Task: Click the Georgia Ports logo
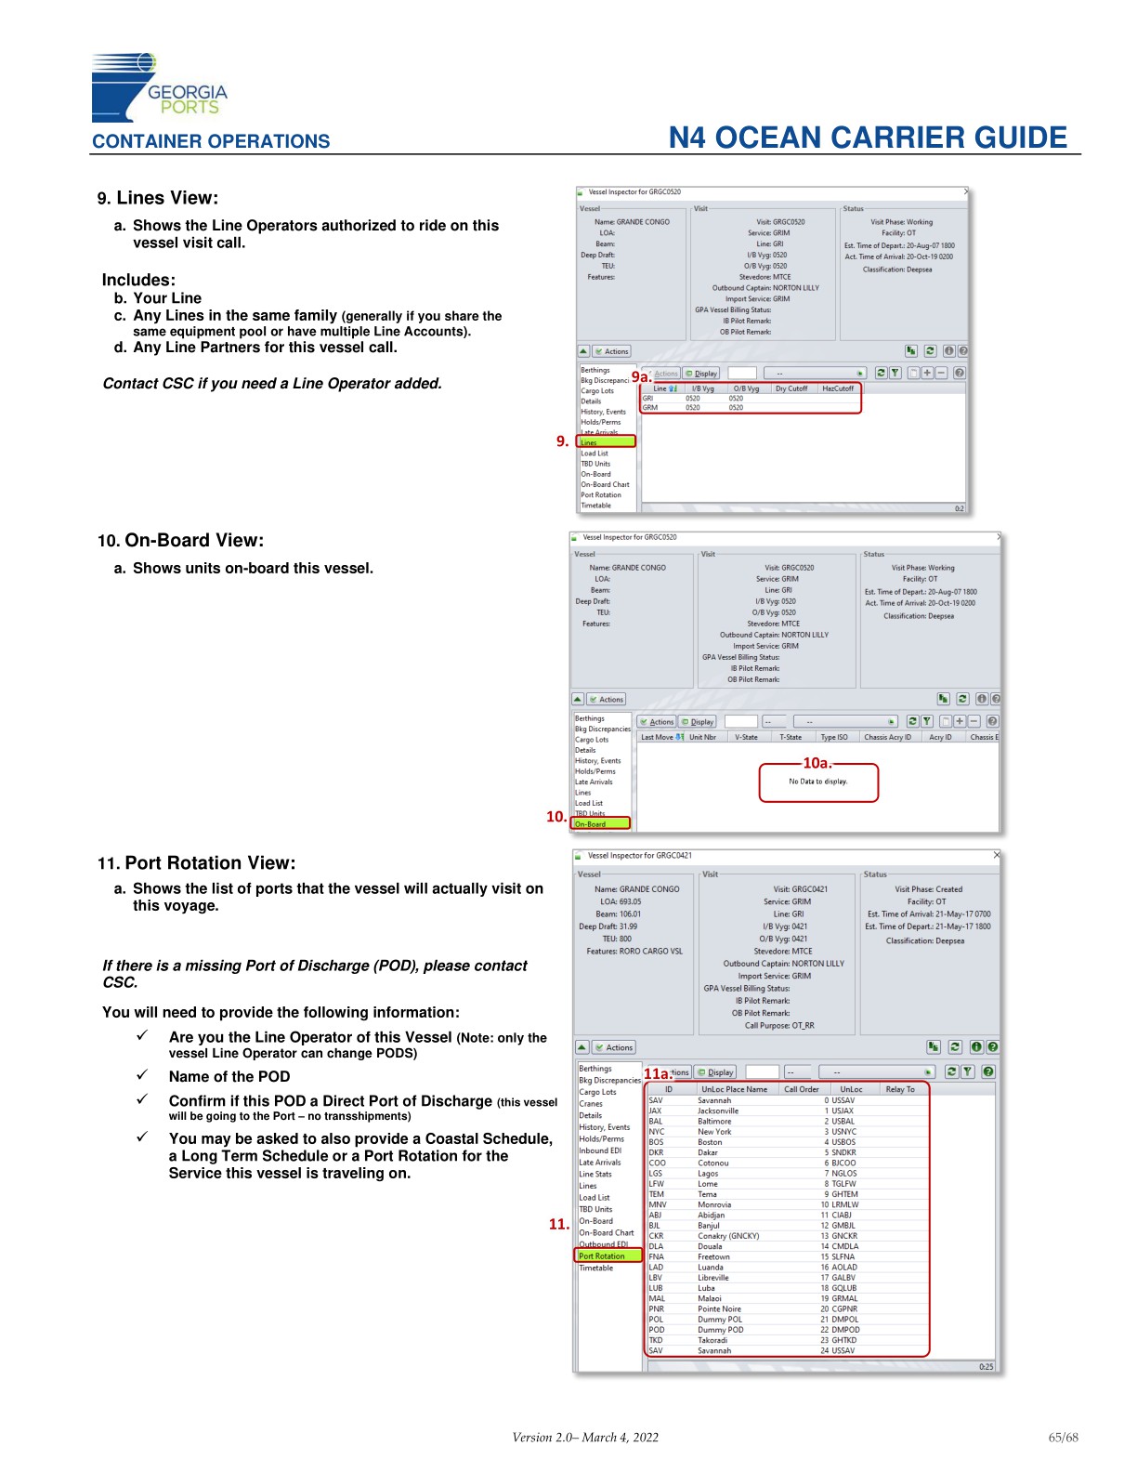[158, 87]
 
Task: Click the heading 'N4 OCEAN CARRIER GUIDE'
[868, 138]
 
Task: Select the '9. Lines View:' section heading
[158, 198]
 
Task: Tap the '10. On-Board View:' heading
[180, 541]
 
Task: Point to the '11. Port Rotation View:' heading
[196, 863]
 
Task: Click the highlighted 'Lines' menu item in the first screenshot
[606, 442]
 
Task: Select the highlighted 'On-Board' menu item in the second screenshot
[600, 824]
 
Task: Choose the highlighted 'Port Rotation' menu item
[608, 1256]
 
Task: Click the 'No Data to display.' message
[817, 782]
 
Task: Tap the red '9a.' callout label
[641, 377]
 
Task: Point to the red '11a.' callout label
[657, 1073]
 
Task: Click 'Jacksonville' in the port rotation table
[718, 1111]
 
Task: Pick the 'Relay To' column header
[899, 1089]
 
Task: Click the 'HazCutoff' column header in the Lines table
[837, 388]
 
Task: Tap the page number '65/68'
[1063, 1438]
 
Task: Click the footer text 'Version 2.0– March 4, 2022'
[585, 1438]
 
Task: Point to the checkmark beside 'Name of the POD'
[142, 1075]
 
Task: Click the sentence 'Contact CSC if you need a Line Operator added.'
[272, 384]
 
